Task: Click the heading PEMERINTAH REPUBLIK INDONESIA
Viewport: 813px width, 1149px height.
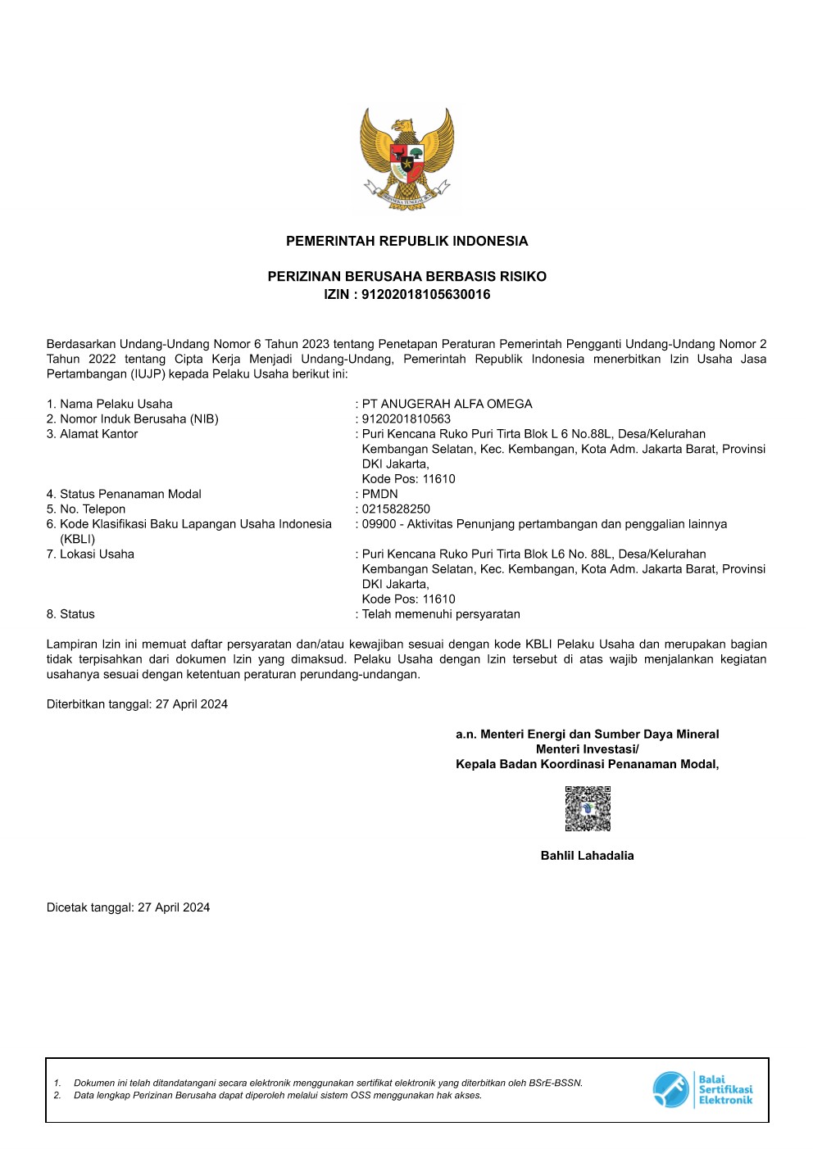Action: click(406, 241)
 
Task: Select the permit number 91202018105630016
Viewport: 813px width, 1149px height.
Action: click(426, 295)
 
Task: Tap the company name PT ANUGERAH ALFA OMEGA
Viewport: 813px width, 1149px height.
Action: click(447, 404)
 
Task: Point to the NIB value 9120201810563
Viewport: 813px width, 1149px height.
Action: click(406, 418)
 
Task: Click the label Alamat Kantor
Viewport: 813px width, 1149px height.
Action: click(98, 434)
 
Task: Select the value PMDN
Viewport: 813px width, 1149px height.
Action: click(380, 494)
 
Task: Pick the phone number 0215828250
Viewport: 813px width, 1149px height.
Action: click(396, 509)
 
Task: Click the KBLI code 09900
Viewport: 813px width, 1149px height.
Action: click(379, 524)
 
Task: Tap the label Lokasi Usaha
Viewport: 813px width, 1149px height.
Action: click(97, 554)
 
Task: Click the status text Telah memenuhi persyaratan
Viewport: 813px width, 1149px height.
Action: click(441, 614)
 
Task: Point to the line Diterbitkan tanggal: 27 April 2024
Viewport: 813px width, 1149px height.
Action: click(137, 704)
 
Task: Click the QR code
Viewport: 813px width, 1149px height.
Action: click(588, 809)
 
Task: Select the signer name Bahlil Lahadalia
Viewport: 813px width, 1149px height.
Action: click(587, 856)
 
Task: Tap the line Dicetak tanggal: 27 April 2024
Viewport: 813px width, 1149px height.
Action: click(128, 907)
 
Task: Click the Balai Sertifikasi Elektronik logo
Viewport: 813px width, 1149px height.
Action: click(702, 1090)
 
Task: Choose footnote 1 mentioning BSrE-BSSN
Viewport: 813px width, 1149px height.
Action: click(328, 1083)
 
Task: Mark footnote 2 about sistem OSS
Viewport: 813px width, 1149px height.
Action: click(277, 1095)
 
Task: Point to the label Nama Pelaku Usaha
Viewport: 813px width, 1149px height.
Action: click(116, 404)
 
